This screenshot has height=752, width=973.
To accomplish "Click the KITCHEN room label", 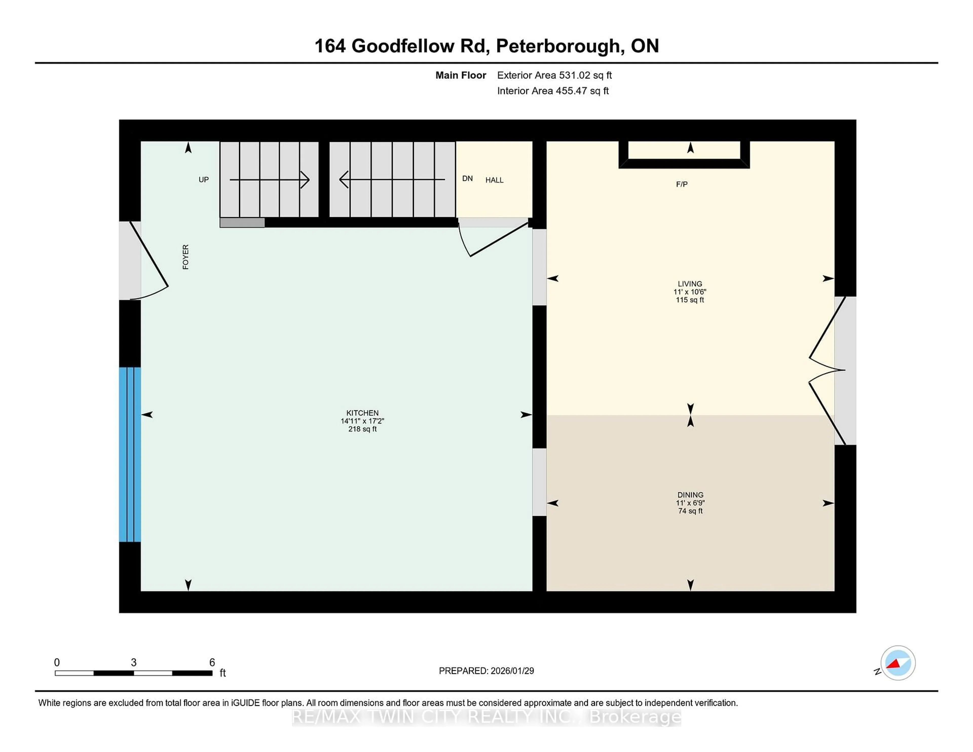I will coord(362,413).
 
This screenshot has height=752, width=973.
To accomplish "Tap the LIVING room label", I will coord(690,284).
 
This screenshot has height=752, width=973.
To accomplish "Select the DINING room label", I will coord(690,495).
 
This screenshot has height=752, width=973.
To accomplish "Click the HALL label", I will coord(494,180).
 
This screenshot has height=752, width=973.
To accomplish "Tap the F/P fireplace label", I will coord(682,184).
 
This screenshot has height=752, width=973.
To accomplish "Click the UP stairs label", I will coord(204,180).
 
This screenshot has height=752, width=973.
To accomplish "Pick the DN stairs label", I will coord(467,179).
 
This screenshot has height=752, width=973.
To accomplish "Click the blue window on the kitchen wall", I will coord(130,454).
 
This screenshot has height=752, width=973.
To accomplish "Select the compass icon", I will coord(898,663).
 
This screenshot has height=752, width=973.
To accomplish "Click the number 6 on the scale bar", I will coord(212,663).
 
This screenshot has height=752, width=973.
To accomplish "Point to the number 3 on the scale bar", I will coord(134,663).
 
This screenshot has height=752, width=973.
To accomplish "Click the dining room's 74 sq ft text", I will coord(690,511).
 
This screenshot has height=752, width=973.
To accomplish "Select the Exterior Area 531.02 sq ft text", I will coord(554,75).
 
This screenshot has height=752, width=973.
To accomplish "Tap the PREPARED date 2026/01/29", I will coord(512,671).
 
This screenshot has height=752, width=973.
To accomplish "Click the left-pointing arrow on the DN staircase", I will coord(344,180).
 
